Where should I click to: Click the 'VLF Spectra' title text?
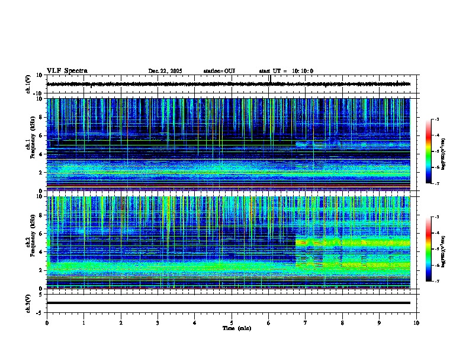[67, 71]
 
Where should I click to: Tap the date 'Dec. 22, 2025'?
[165, 71]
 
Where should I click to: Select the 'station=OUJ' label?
[219, 71]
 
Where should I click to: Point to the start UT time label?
[286, 71]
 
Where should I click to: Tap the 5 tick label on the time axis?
[232, 322]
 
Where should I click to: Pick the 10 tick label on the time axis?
[416, 322]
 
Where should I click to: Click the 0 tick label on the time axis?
[47, 322]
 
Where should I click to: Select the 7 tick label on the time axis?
[306, 322]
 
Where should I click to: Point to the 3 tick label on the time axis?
[158, 322]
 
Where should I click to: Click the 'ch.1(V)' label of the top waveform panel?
[28, 84]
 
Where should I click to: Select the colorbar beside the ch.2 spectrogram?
[428, 249]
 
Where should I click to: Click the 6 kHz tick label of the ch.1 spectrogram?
[42, 135]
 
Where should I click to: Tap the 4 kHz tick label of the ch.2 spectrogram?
[42, 251]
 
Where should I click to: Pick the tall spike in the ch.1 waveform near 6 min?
[269, 79]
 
